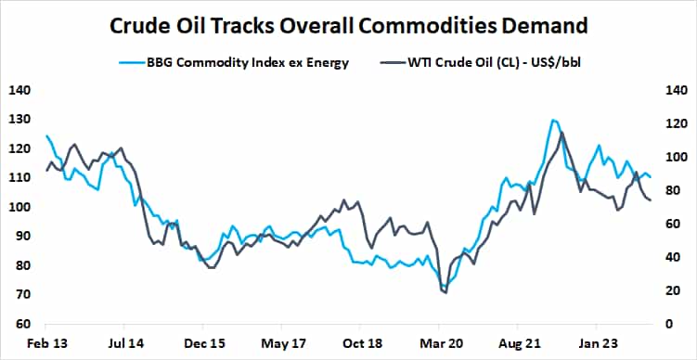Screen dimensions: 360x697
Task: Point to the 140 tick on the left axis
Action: tap(19, 90)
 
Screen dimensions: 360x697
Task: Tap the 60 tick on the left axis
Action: tap(19, 325)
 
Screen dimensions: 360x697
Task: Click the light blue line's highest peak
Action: tap(553, 120)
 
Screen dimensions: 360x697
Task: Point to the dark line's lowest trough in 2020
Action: tap(445, 293)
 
